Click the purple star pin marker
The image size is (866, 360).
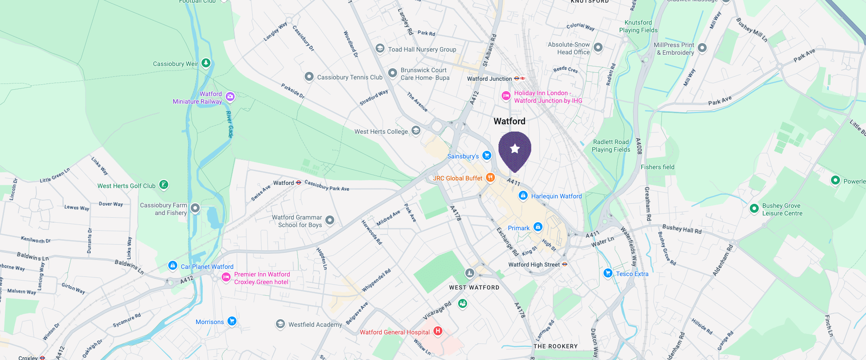(x=515, y=149)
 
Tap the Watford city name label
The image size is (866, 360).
(x=509, y=121)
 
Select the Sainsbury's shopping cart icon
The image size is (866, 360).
(x=487, y=156)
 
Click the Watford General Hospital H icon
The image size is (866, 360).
(x=438, y=331)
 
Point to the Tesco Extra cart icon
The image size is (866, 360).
(x=608, y=273)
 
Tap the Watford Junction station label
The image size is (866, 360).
(x=489, y=79)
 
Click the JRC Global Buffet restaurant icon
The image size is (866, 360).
(x=490, y=178)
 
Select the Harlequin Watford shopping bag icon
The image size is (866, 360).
(x=523, y=196)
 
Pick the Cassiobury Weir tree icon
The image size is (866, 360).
(x=206, y=63)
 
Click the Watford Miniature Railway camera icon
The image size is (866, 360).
(x=230, y=96)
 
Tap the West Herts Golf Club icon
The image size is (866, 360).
(x=164, y=184)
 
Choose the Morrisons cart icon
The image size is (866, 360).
(x=232, y=321)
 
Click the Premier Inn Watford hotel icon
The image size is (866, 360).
(x=226, y=277)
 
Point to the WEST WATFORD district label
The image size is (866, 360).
(x=474, y=287)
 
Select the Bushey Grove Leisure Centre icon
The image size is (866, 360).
(x=754, y=208)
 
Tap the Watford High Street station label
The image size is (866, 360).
(x=534, y=264)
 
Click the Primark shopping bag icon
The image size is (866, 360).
(x=538, y=227)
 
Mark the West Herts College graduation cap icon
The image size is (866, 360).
(x=416, y=131)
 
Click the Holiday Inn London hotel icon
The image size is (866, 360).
(x=506, y=96)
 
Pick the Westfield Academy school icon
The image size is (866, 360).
(x=280, y=324)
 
